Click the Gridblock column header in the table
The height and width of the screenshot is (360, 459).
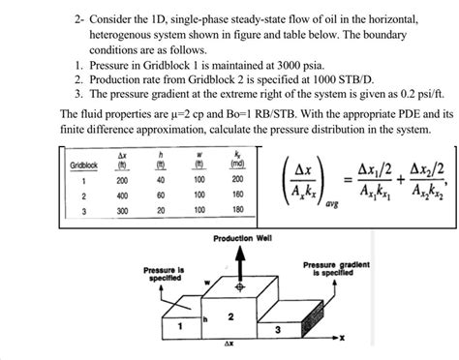point(83,165)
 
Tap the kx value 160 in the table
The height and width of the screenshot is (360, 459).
point(237,195)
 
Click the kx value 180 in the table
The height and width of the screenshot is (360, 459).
point(237,209)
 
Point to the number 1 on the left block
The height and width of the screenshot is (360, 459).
point(179,326)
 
